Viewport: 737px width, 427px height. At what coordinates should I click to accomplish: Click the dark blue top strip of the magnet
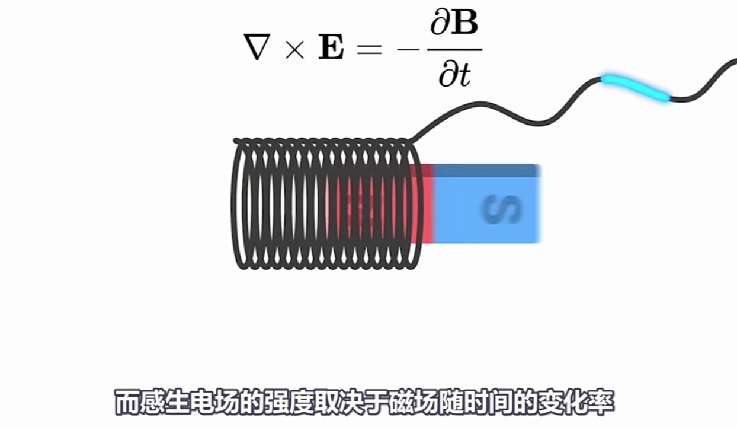486,171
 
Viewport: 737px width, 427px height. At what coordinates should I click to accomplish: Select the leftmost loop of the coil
240,205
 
